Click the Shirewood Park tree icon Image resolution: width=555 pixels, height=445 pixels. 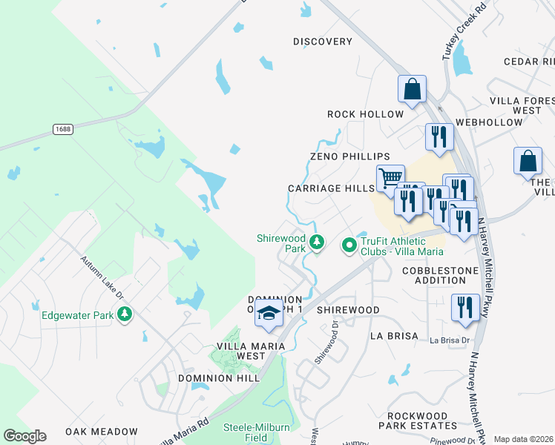[x=317, y=242]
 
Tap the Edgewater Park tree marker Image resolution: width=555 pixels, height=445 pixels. [x=125, y=314]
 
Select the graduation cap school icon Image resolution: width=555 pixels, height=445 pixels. [x=269, y=314]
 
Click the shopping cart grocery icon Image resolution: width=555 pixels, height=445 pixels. [x=390, y=177]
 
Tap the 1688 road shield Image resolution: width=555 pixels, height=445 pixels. [x=63, y=129]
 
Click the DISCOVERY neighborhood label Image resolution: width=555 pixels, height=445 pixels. [x=322, y=42]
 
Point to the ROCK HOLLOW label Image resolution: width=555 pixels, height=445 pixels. [x=366, y=114]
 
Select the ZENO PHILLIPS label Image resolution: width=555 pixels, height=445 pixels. [x=350, y=156]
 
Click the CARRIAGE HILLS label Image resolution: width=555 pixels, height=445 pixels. [x=332, y=188]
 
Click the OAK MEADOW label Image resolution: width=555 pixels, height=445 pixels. [x=102, y=431]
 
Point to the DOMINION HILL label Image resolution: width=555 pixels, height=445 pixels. [x=219, y=378]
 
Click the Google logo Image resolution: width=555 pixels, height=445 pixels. [x=25, y=436]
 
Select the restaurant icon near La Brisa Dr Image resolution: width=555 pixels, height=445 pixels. [x=464, y=307]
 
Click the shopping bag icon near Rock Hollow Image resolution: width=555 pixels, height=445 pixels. [x=412, y=89]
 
